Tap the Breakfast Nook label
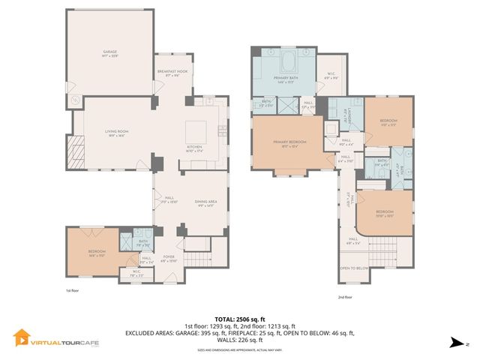[171, 73]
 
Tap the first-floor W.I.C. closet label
[137, 273]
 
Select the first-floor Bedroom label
[97, 253]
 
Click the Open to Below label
[352, 268]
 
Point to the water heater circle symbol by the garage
[74, 100]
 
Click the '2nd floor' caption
[345, 297]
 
